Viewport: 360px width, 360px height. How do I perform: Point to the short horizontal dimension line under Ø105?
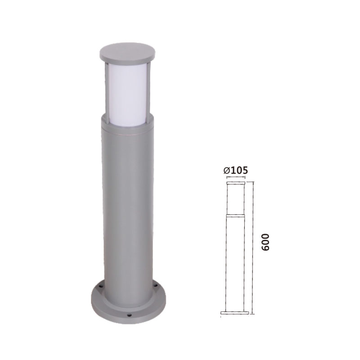(235, 178)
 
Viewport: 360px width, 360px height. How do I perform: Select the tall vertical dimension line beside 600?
(253, 247)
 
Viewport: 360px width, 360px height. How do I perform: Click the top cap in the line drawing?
(235, 183)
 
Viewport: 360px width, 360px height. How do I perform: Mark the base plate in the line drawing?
(235, 312)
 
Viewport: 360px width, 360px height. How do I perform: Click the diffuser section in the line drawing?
(235, 198)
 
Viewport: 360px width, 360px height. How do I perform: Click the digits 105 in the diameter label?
(239, 170)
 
